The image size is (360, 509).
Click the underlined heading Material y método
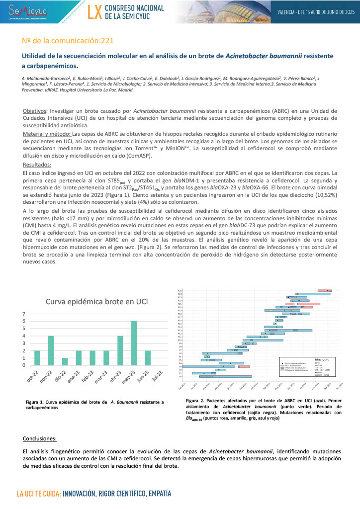tap(47, 134)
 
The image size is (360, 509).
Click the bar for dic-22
tap(65, 362)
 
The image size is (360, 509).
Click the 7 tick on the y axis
tap(24, 314)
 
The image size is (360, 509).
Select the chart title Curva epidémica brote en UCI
tap(97, 301)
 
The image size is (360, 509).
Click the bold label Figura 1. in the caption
tap(39, 401)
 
